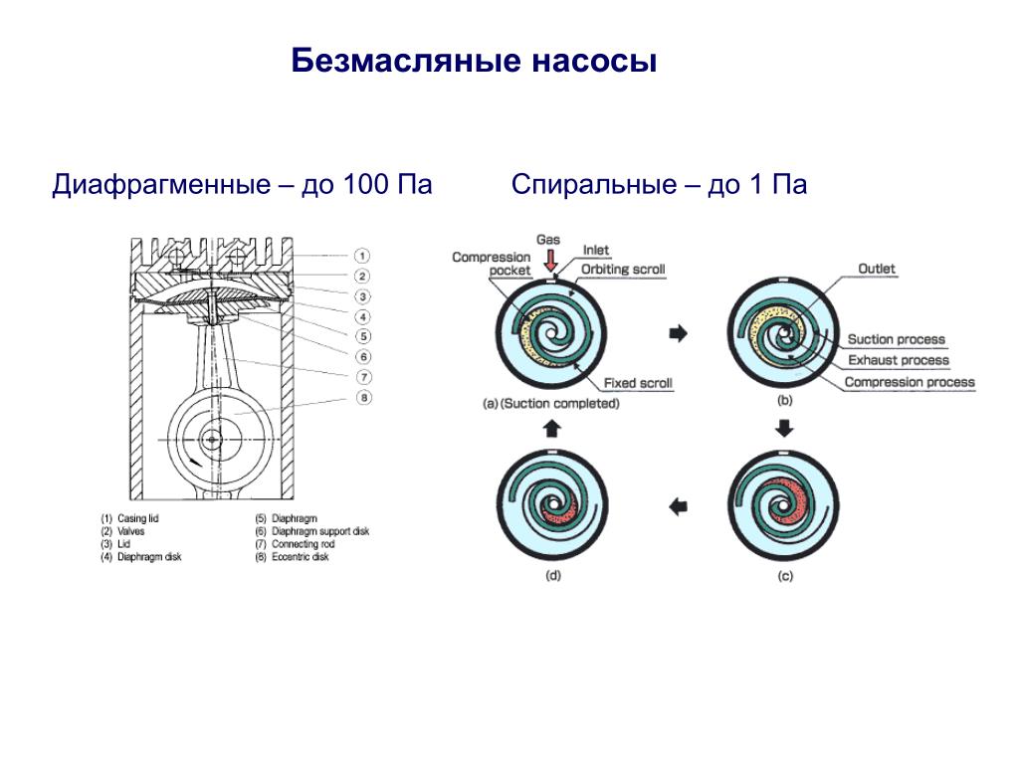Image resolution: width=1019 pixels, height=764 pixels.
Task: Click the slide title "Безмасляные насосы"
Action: pos(475,62)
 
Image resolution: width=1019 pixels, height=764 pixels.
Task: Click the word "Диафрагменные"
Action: pos(160,186)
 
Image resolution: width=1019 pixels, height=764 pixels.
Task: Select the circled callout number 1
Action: pos(363,256)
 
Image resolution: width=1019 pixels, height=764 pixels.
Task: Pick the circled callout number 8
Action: pos(363,398)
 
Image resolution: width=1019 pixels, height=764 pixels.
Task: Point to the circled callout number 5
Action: pos(363,336)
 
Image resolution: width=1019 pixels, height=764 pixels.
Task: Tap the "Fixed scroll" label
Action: pos(638,384)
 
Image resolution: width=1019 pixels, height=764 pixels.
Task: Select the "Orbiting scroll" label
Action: pos(623,270)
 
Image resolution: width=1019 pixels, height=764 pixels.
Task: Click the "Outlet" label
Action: pos(877,269)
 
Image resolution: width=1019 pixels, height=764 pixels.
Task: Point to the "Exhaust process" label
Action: pos(899,361)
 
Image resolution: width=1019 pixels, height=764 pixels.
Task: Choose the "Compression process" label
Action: pos(910,382)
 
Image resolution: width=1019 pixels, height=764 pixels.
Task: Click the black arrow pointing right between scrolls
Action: pos(678,334)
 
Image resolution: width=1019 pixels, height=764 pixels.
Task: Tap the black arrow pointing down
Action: pos(784,428)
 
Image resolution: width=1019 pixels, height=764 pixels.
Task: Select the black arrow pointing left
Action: pos(678,507)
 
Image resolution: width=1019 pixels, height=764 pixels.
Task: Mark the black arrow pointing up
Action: pos(553,429)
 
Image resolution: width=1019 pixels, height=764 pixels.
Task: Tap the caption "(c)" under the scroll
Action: pos(784,576)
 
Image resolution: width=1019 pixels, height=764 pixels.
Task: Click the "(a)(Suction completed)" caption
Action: pos(550,404)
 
